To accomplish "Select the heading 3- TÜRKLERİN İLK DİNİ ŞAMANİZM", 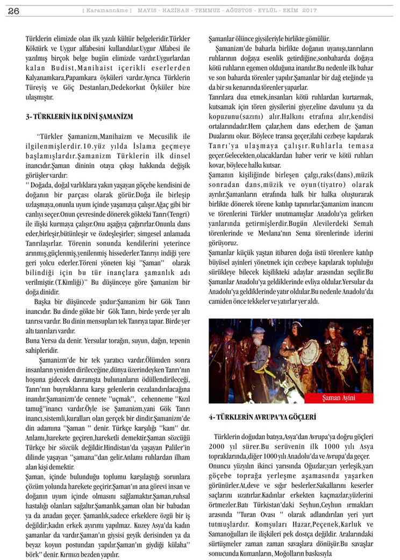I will tap(79, 116).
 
